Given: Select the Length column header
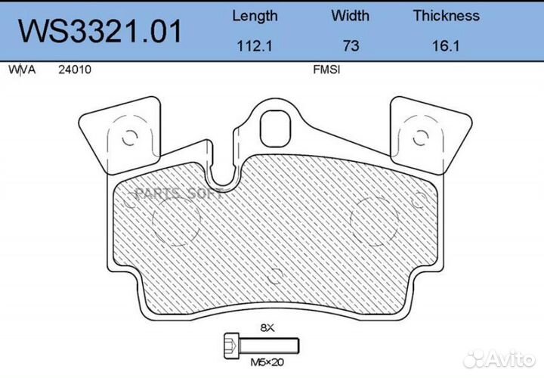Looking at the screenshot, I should (255, 16).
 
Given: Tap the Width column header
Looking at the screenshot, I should (350, 16).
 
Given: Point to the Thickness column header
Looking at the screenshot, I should (446, 16).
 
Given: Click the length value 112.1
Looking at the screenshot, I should (255, 45).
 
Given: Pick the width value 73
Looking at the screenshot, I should (350, 45).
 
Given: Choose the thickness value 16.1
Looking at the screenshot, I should (446, 45).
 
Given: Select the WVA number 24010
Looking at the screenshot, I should (74, 70).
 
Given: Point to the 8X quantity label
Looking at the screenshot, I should (265, 328).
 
